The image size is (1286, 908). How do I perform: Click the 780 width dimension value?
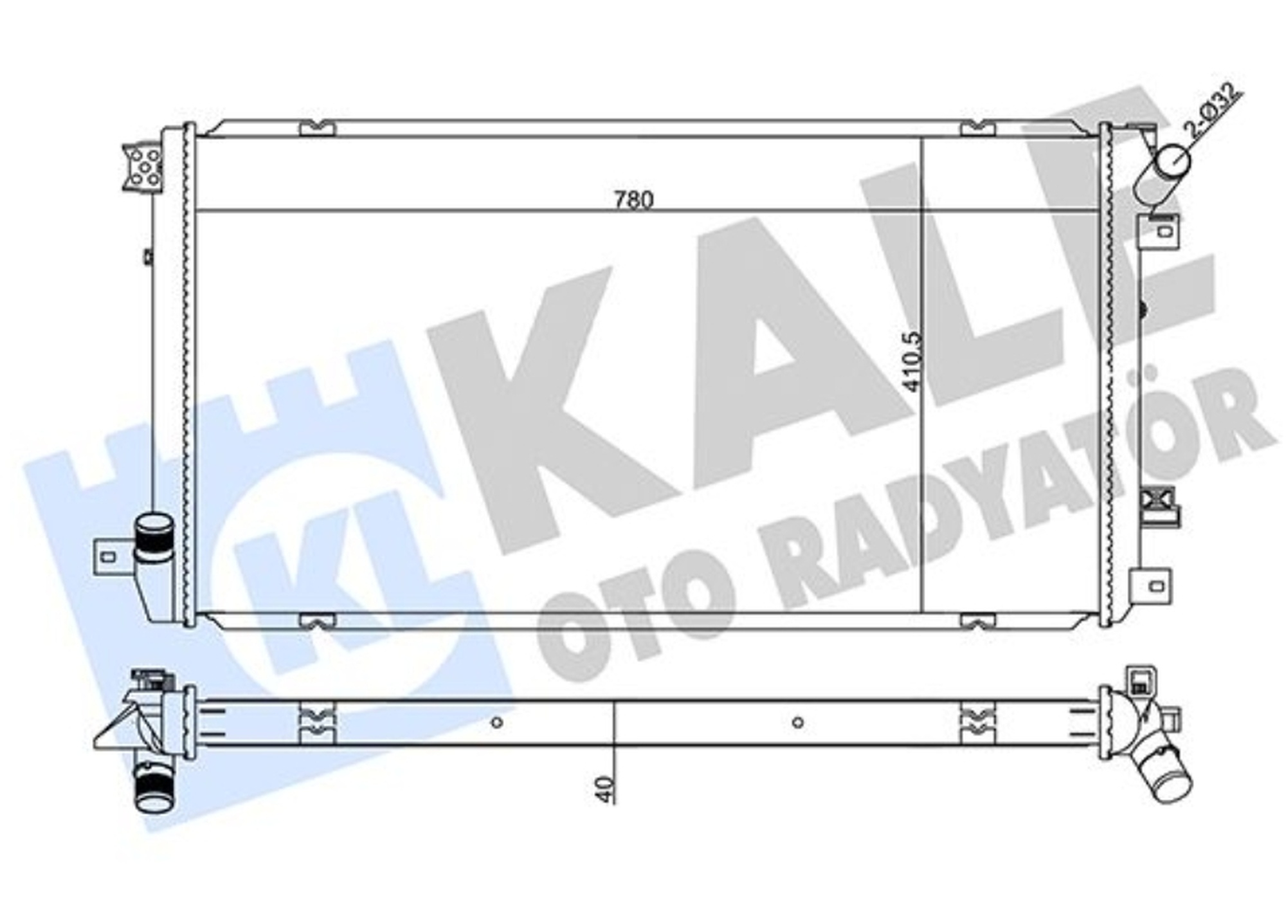(x=633, y=200)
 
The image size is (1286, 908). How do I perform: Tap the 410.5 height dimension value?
(x=912, y=361)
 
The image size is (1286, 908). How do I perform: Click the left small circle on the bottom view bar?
(x=496, y=722)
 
